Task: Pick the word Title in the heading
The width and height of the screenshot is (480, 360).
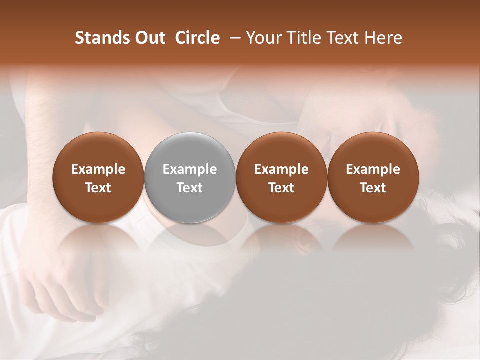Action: [307, 38]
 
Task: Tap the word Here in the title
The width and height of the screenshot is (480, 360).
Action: [385, 38]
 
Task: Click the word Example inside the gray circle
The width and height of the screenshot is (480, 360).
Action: [190, 169]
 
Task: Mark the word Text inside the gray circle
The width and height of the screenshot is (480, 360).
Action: [190, 188]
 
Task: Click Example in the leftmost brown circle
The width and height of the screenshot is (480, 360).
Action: [98, 169]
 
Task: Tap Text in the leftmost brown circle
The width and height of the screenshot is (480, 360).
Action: [98, 188]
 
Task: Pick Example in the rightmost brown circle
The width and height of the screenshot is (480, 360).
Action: [373, 169]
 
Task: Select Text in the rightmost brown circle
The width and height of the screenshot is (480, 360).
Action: [373, 188]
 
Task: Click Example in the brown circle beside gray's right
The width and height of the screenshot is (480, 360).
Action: [281, 169]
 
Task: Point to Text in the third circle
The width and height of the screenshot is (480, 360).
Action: [281, 188]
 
